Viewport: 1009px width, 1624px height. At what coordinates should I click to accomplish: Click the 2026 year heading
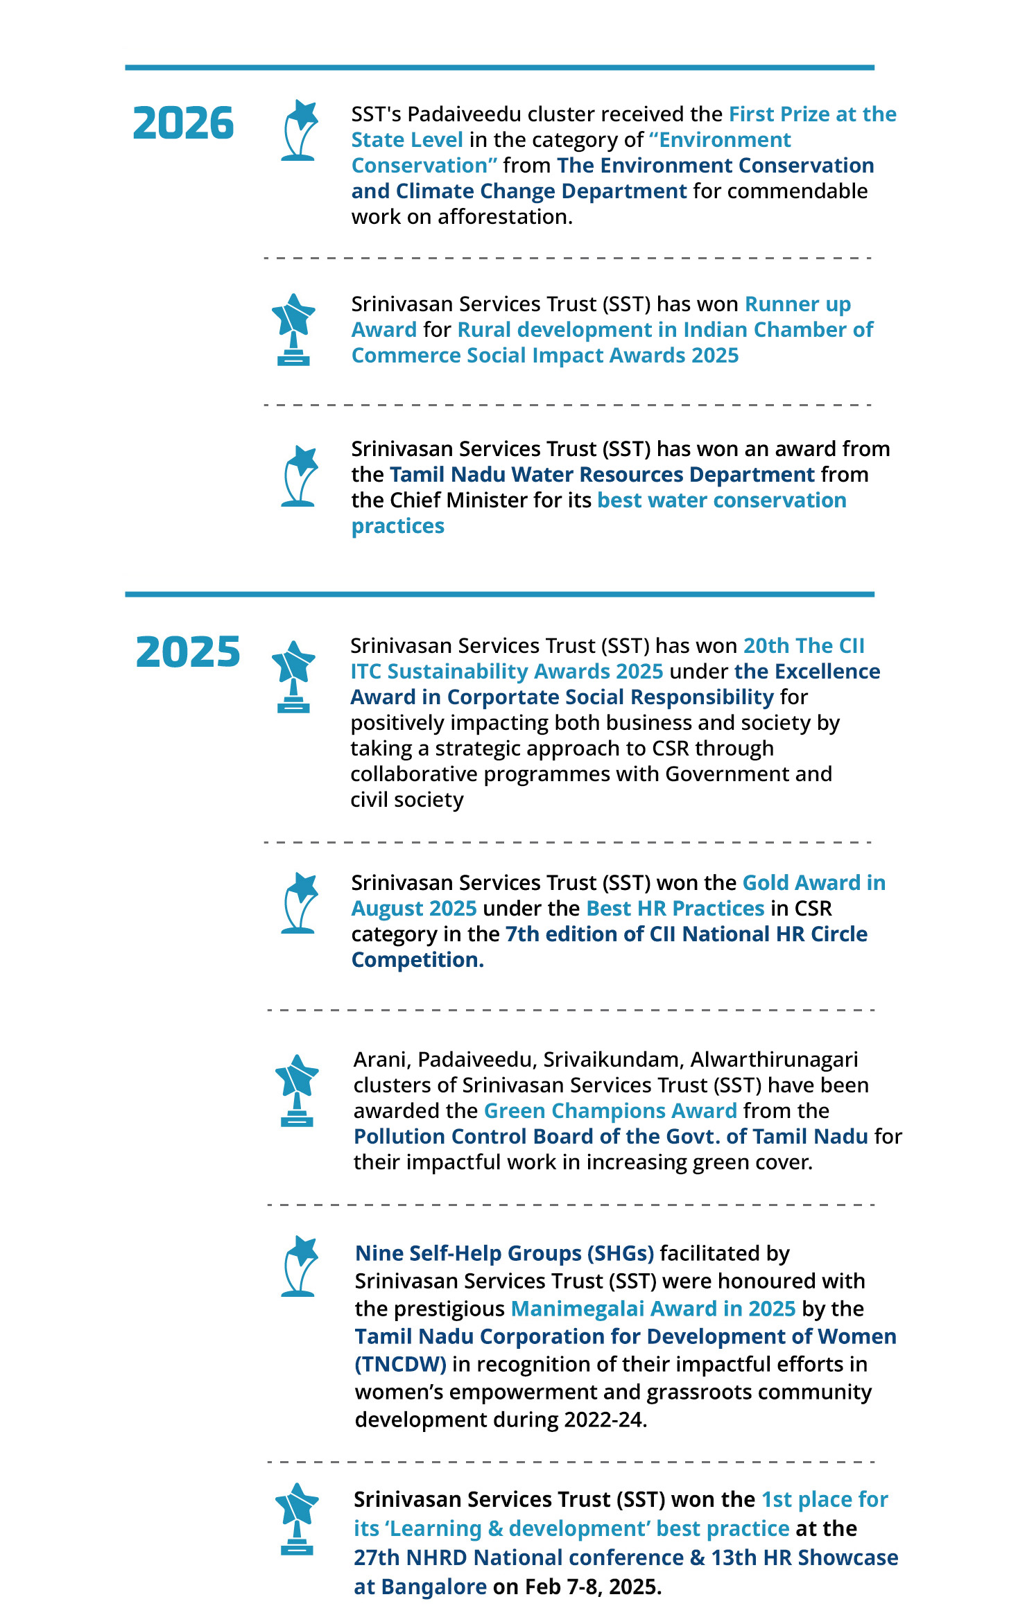(183, 123)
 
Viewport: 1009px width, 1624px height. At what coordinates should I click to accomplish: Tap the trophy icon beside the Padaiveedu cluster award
(300, 130)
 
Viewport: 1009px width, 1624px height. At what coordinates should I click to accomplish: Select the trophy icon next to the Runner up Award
(293, 329)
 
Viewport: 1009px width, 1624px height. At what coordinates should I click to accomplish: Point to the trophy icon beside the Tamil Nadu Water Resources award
(300, 475)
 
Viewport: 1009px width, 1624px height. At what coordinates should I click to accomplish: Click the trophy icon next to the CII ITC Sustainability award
(293, 676)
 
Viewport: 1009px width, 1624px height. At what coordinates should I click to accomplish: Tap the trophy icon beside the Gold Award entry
(300, 902)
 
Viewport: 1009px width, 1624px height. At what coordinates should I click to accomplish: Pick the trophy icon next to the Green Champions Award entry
(297, 1090)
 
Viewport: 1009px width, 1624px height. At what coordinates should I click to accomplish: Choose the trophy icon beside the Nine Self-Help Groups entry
(300, 1266)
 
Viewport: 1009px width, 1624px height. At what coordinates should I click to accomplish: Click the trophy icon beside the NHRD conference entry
(297, 1519)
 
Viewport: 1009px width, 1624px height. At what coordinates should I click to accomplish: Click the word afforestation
(504, 217)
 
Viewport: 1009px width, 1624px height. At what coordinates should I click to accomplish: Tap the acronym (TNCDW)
(400, 1364)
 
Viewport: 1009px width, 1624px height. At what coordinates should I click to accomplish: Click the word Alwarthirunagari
(774, 1059)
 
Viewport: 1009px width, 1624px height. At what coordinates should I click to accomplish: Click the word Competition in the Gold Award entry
(416, 960)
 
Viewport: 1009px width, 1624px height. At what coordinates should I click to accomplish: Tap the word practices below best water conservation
(397, 526)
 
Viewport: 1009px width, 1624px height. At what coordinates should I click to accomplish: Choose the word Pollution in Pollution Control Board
(399, 1136)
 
